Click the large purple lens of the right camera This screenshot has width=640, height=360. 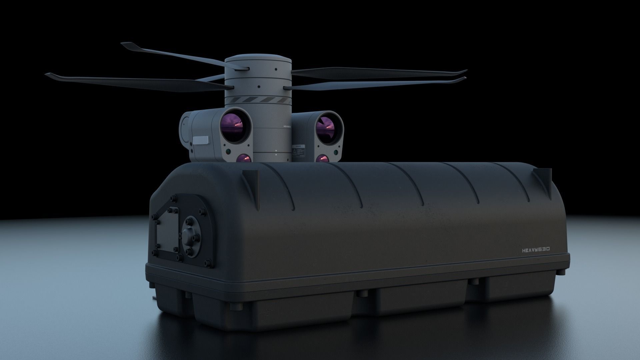(x=325, y=126)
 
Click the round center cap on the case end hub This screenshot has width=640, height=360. (x=189, y=233)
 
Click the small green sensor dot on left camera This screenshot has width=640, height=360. (x=227, y=151)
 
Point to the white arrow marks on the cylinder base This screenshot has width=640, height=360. (x=276, y=153)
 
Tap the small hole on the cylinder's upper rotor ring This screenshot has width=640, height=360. (x=276, y=69)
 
